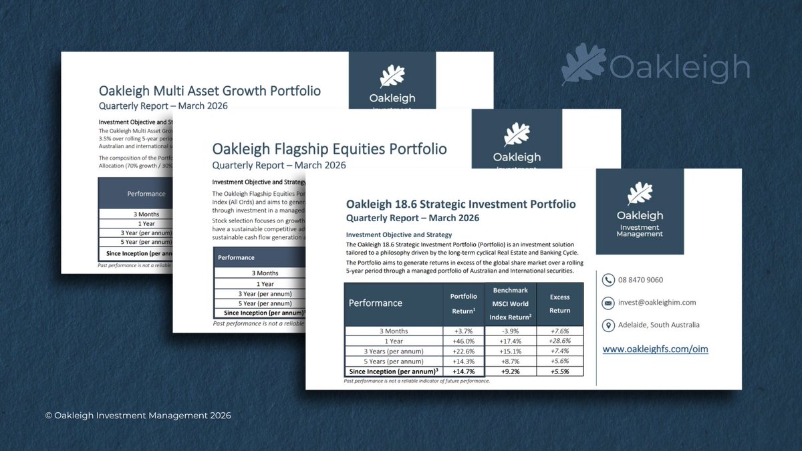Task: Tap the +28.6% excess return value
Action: pyautogui.click(x=559, y=341)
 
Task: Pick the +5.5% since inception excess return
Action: pyautogui.click(x=559, y=371)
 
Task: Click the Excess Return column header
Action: pyautogui.click(x=559, y=303)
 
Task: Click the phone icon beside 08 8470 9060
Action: pyautogui.click(x=608, y=280)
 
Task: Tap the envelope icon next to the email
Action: pyautogui.click(x=608, y=303)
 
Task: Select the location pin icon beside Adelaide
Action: pyautogui.click(x=608, y=325)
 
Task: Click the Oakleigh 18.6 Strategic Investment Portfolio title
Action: pyautogui.click(x=460, y=204)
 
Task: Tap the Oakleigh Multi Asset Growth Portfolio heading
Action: pyautogui.click(x=209, y=91)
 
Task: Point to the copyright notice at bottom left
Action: pyautogui.click(x=138, y=415)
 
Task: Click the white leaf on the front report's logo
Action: pyautogui.click(x=640, y=193)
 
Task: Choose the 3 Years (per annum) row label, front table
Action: pyautogui.click(x=394, y=351)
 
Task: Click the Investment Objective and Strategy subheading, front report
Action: pyautogui.click(x=398, y=235)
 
